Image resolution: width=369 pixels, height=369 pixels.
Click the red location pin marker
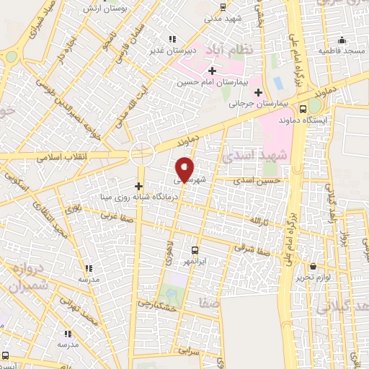(184, 169)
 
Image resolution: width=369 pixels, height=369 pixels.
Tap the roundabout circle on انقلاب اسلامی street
(142, 153)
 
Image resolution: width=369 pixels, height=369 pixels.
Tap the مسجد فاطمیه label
(343, 51)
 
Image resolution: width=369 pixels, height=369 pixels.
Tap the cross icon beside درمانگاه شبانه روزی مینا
(138, 186)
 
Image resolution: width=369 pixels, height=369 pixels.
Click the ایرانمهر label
(195, 259)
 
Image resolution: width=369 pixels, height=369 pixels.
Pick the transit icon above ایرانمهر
(195, 249)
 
